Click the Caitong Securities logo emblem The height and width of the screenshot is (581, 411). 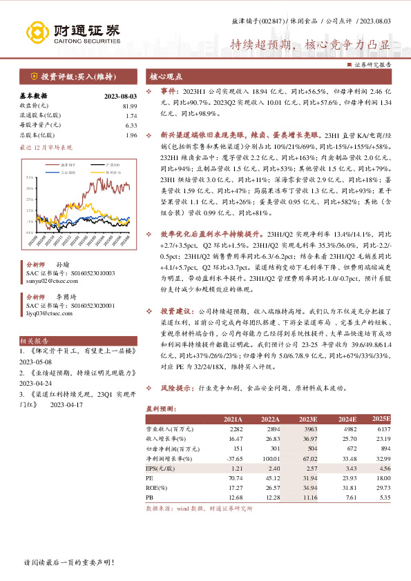[x=35, y=31]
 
